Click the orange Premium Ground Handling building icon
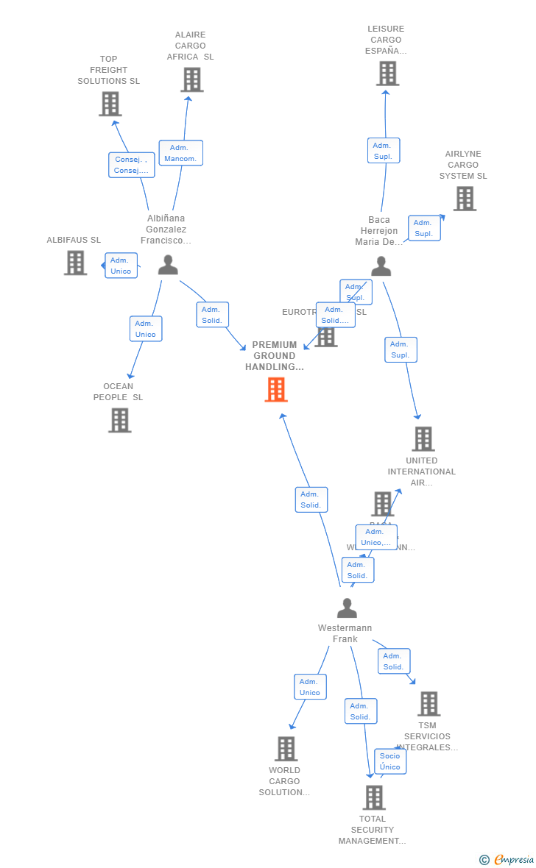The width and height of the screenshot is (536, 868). pos(276,390)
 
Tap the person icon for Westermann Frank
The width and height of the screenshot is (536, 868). pos(347,608)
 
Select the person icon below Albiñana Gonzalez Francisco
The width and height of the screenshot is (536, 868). pos(168,265)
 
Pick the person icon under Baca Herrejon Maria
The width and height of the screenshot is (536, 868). pos(381,266)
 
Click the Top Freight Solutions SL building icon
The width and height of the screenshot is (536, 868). pos(110,104)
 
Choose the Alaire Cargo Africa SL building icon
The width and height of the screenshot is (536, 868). pos(191,79)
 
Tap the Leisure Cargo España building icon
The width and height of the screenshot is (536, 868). pos(387,74)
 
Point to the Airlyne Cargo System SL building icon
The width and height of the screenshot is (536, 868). pos(464,199)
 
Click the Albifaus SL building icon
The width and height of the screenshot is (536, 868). pos(75,263)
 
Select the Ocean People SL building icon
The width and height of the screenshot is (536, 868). pos(119,420)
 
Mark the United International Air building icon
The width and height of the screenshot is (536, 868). pos(423,439)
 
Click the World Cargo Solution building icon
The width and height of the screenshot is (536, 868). pos(286,749)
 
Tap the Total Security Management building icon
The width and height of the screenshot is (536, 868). pos(374,797)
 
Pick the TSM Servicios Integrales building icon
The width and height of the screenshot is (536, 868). pos(429,704)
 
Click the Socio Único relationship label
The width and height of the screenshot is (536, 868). pos(390,761)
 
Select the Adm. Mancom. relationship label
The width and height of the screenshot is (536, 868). pos(180,153)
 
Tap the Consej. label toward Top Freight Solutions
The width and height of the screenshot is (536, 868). pos(131,165)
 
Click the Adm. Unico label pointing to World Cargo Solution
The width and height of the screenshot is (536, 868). pos(310,687)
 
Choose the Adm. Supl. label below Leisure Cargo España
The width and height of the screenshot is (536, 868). pos(383,151)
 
